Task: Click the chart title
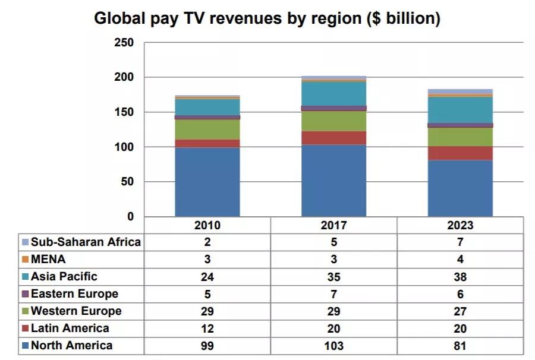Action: [267, 18]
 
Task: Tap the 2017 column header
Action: [333, 225]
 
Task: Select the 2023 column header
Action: [460, 225]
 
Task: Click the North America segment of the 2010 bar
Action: [207, 182]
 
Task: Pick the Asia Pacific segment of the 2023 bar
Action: [460, 110]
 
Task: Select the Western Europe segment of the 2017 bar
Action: [333, 121]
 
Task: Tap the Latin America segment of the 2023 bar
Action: [460, 153]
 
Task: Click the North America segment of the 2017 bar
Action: [333, 181]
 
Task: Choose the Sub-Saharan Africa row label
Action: [86, 242]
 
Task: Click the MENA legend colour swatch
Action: [24, 260]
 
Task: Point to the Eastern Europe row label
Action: [74, 293]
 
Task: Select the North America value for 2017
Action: [333, 346]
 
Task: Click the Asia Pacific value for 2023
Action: [460, 277]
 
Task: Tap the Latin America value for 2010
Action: [207, 329]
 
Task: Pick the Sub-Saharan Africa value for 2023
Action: [460, 242]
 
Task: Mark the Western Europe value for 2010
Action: [207, 311]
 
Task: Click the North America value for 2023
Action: [460, 346]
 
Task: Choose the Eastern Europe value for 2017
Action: [333, 294]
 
